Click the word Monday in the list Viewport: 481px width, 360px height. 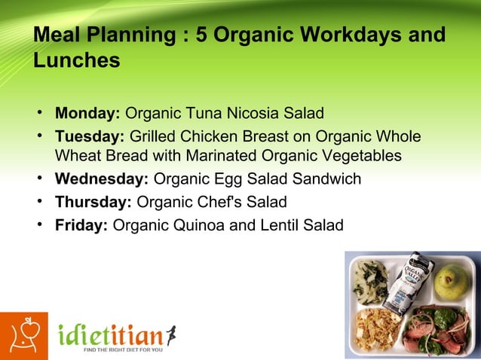pyautogui.click(x=87, y=114)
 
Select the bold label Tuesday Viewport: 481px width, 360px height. pyautogui.click(x=89, y=137)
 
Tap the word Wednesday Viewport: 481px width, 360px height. pyautogui.click(x=101, y=179)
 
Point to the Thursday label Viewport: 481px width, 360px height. pyautogui.click(x=93, y=202)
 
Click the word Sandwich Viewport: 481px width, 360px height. pyautogui.click(x=327, y=179)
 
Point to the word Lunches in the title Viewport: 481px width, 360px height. pyautogui.click(x=76, y=61)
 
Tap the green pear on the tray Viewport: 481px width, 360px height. pyautogui.click(x=452, y=280)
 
